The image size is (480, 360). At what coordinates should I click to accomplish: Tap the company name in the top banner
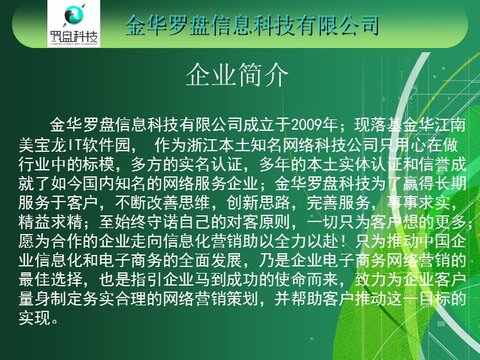[252, 25]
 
